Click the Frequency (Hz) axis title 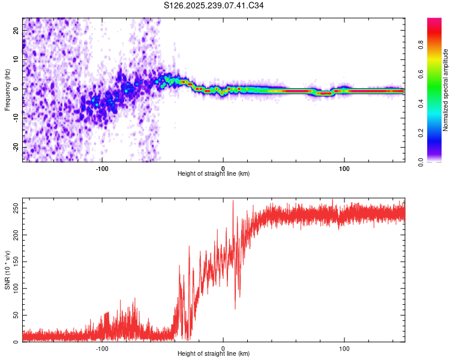(7, 89)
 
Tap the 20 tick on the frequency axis (16, 32)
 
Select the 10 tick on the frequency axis (16, 61)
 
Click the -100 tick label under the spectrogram (101, 168)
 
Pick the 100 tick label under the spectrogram (344, 168)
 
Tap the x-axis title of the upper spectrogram (214, 174)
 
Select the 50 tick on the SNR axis (16, 315)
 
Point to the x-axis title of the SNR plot (214, 354)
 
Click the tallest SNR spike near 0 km (233, 201)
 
